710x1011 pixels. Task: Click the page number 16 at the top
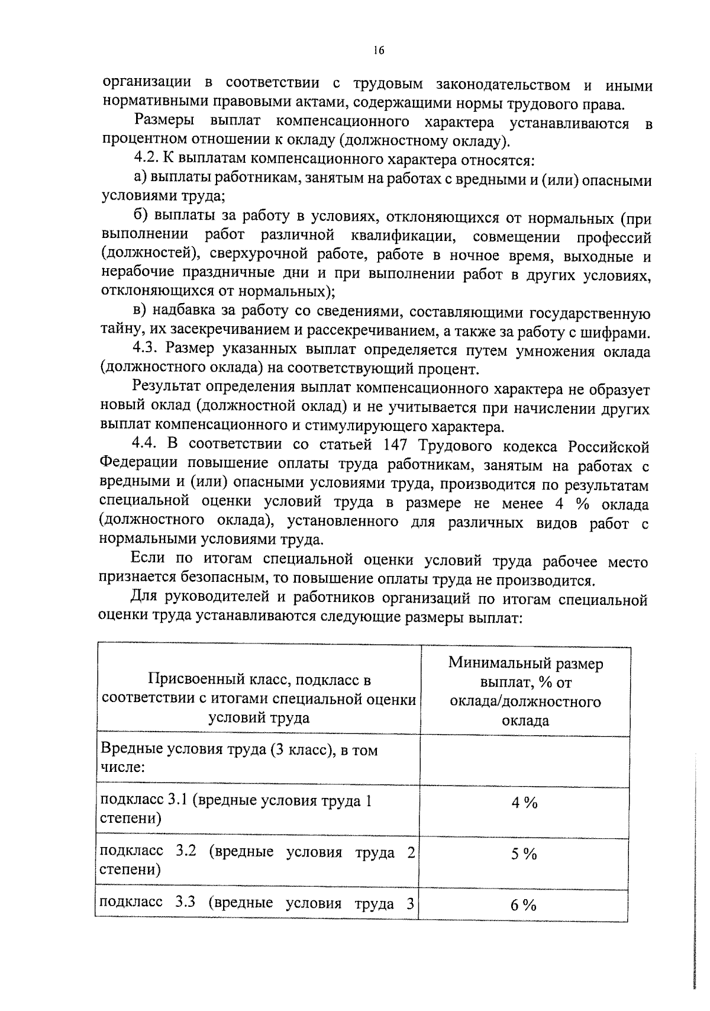tap(379, 51)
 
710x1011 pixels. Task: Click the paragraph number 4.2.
tap(145, 160)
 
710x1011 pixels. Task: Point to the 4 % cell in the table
tap(524, 803)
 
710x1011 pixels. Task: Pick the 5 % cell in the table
tap(524, 854)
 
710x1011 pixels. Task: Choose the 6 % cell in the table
tap(524, 905)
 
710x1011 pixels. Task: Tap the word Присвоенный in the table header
tap(189, 680)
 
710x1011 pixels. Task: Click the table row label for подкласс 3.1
tap(237, 809)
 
